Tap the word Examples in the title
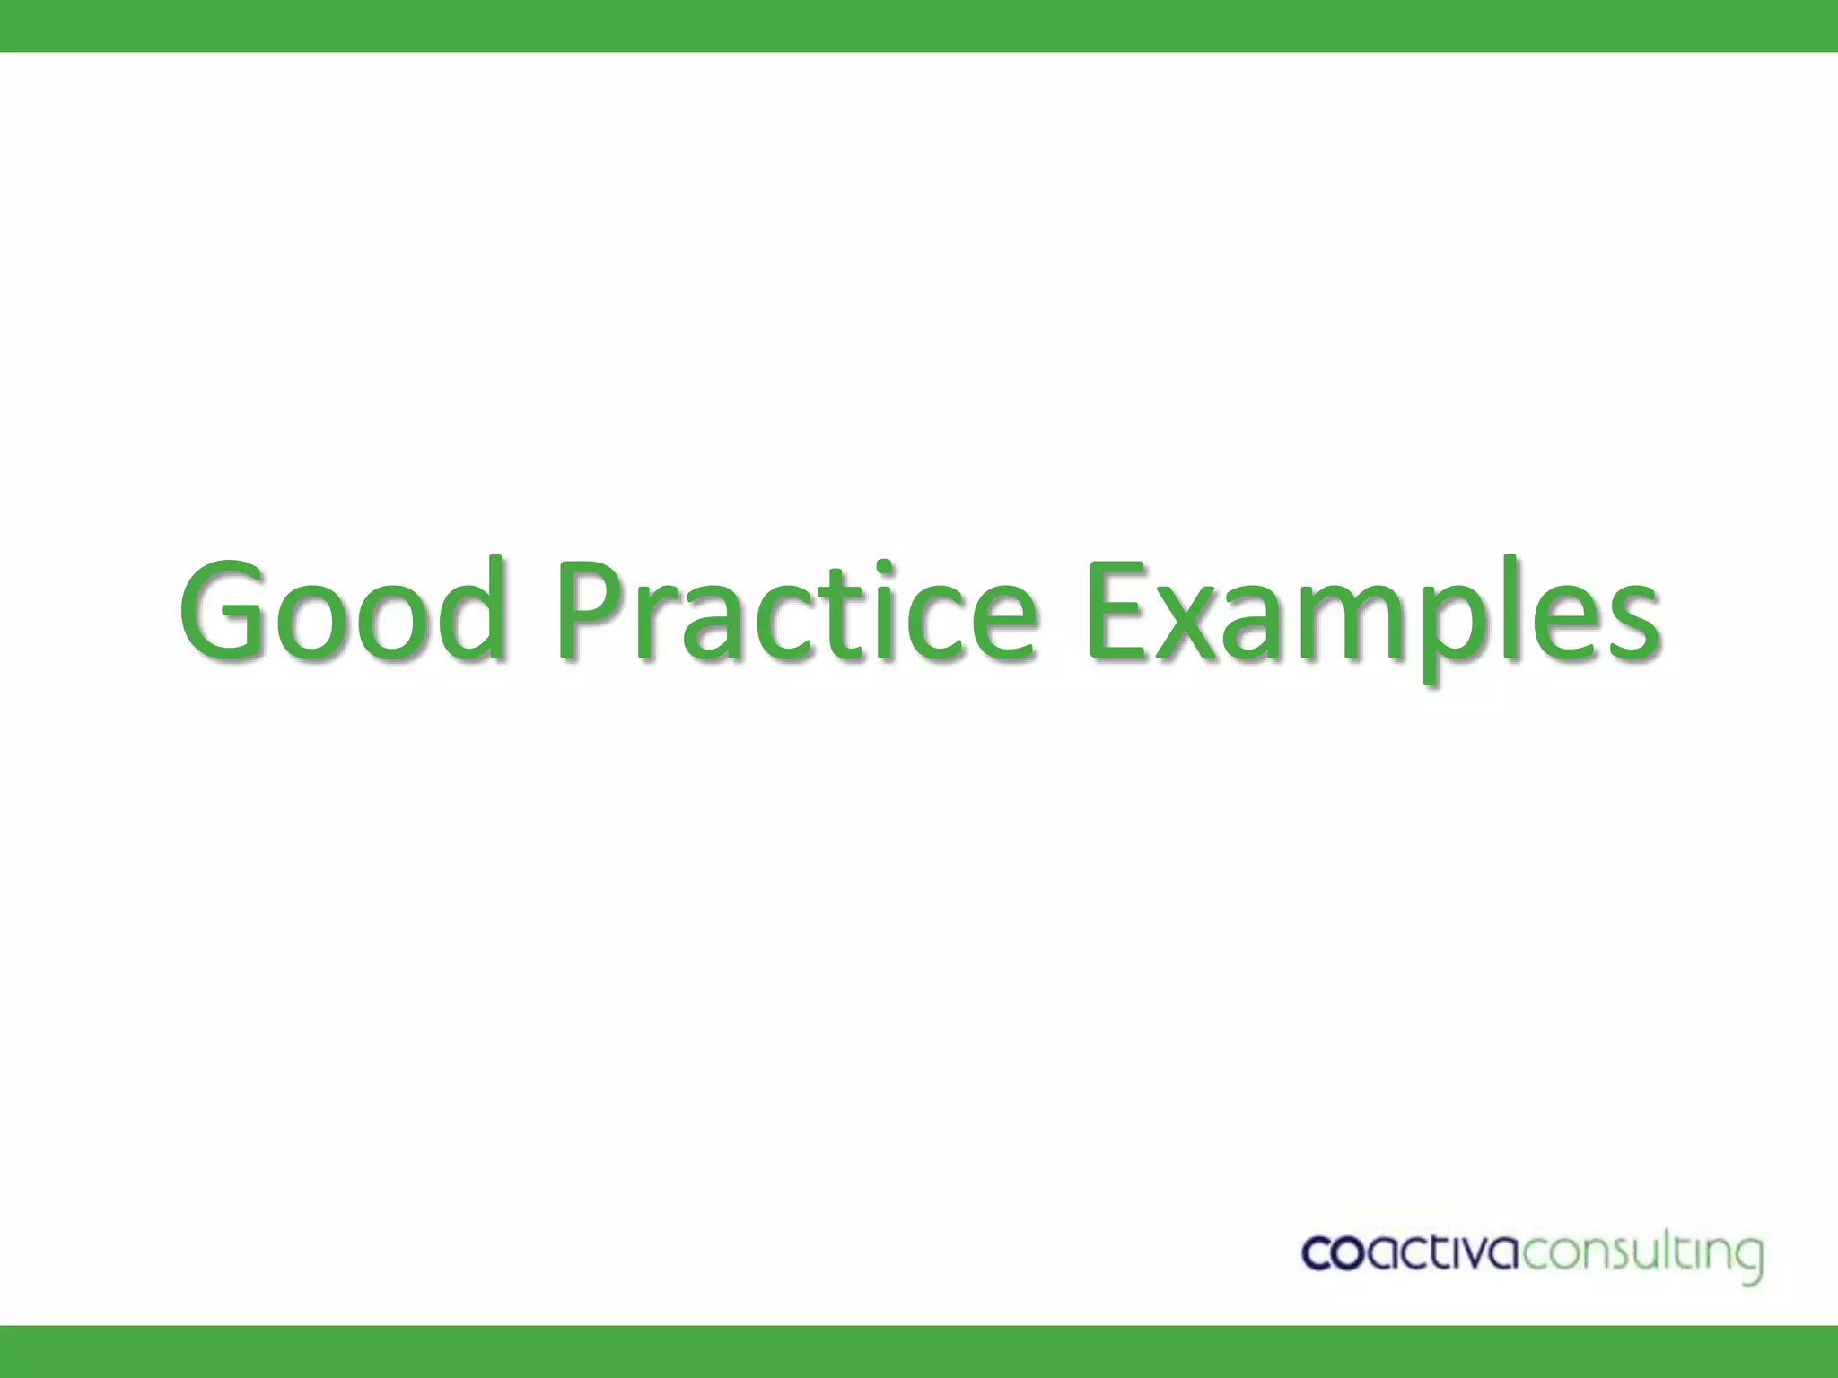point(1373,619)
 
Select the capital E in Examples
point(1122,610)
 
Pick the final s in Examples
point(1628,624)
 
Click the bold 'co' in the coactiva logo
point(1334,1253)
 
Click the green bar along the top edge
point(919,25)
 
